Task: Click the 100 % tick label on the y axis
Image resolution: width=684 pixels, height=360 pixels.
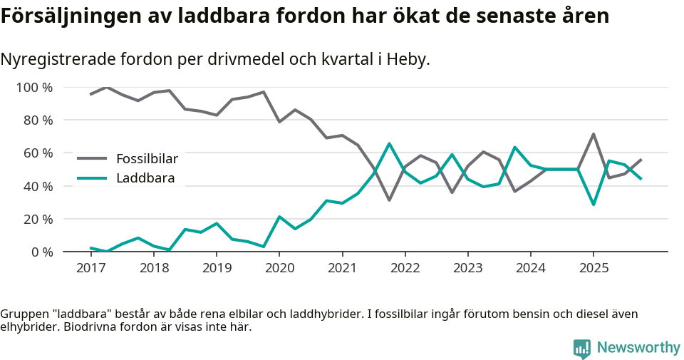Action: pyautogui.click(x=34, y=88)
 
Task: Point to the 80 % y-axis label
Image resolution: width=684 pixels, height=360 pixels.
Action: pyautogui.click(x=37, y=120)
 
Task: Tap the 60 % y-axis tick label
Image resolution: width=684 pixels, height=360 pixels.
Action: pyautogui.click(x=37, y=153)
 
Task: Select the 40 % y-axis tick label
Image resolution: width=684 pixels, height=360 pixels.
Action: pyautogui.click(x=37, y=186)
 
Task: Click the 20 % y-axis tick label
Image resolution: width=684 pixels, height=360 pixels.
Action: pyautogui.click(x=37, y=219)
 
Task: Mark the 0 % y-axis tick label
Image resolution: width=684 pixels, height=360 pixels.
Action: pyautogui.click(x=41, y=252)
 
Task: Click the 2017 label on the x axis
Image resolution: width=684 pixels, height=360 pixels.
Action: pyautogui.click(x=90, y=268)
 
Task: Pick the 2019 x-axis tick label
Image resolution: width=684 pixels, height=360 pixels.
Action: pyautogui.click(x=217, y=268)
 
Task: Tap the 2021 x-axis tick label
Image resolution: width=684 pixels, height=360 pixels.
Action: pyautogui.click(x=342, y=268)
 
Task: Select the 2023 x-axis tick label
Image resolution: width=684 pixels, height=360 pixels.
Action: pyautogui.click(x=468, y=268)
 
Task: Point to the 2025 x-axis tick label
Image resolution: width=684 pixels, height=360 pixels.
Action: pyautogui.click(x=594, y=268)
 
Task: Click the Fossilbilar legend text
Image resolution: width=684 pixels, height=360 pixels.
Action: pyautogui.click(x=147, y=159)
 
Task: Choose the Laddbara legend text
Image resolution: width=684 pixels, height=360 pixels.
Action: pyautogui.click(x=145, y=178)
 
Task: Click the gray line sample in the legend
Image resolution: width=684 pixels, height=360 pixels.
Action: pyautogui.click(x=92, y=159)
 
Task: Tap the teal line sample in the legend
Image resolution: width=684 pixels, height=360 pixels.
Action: pyautogui.click(x=92, y=178)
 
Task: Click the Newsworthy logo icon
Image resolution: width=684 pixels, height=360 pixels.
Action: pyautogui.click(x=582, y=348)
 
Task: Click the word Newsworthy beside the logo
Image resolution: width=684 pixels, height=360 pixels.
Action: pyautogui.click(x=638, y=348)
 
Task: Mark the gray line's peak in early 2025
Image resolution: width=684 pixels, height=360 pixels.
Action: pyautogui.click(x=594, y=134)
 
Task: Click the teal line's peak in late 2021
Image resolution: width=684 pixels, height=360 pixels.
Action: pyautogui.click(x=389, y=144)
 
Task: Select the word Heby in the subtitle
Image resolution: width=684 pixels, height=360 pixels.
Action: pyautogui.click(x=408, y=60)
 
